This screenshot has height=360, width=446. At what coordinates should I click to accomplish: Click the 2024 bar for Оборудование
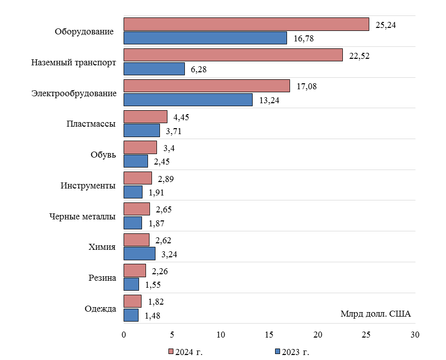click(246, 24)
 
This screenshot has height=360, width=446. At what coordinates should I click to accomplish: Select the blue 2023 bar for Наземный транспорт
click(154, 69)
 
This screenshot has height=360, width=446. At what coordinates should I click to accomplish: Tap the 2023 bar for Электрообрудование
click(188, 100)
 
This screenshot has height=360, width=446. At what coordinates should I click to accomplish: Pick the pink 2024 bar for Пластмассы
click(146, 117)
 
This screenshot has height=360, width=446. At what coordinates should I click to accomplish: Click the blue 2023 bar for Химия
click(140, 254)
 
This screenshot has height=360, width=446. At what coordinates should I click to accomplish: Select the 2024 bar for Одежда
click(133, 301)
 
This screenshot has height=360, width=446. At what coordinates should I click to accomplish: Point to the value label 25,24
click(386, 24)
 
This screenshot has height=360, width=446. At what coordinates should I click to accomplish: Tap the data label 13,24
click(270, 100)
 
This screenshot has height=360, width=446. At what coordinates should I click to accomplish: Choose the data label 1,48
click(153, 316)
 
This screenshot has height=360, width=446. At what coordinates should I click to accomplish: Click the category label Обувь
click(103, 155)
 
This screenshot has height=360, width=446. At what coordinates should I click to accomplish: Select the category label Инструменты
click(88, 185)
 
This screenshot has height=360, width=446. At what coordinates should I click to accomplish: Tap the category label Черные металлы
click(83, 216)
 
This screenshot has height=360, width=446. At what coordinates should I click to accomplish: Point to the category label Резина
click(102, 278)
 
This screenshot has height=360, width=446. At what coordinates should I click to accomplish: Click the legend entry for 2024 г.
click(185, 352)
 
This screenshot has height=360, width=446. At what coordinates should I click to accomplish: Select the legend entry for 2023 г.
click(293, 352)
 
